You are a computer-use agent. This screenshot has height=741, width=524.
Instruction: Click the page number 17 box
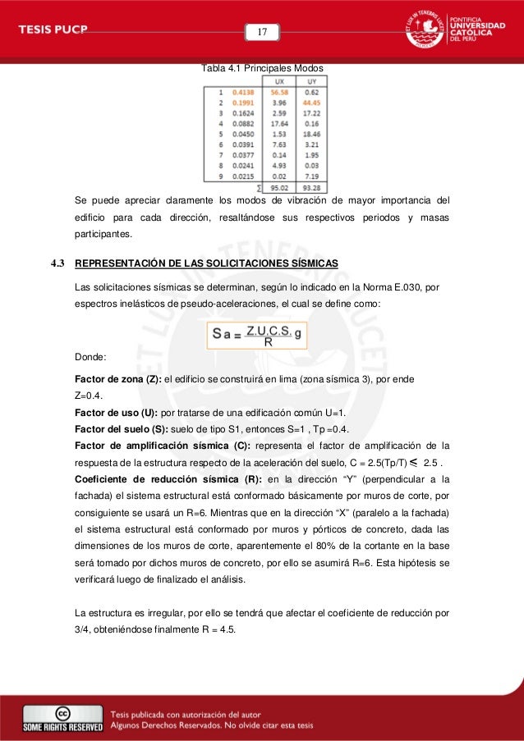point(263,32)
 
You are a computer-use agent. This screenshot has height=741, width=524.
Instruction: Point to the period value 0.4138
point(244,93)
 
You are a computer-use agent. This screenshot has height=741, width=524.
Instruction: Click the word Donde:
point(89,358)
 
